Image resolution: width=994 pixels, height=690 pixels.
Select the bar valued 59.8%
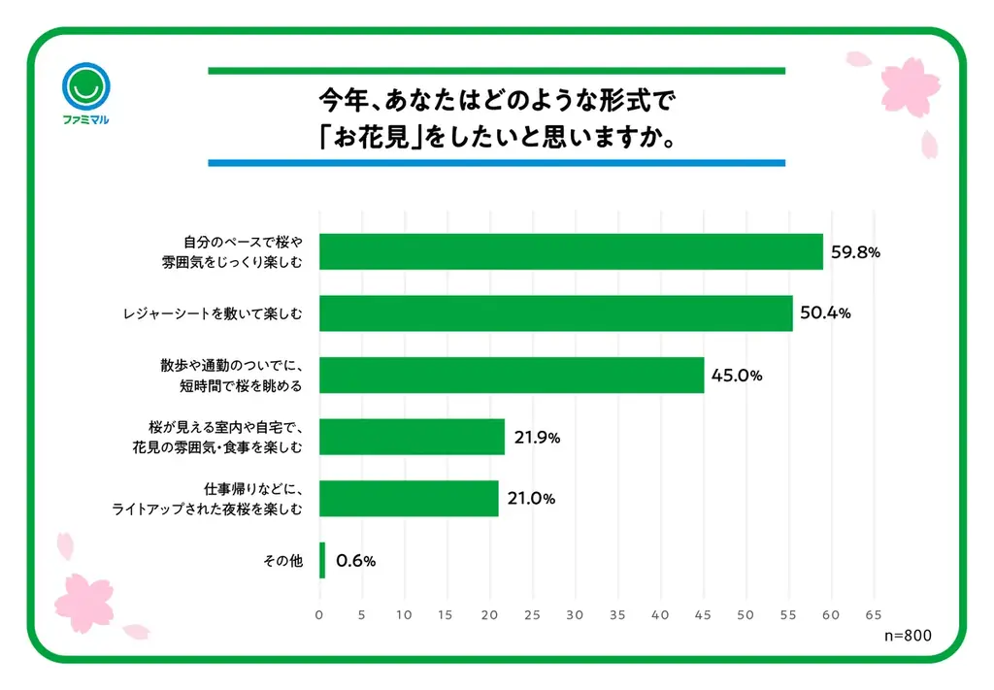[571, 251]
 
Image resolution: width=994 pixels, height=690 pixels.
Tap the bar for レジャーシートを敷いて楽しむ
[555, 313]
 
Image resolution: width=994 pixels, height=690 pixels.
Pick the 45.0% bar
[511, 375]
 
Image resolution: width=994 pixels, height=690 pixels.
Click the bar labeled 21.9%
[412, 437]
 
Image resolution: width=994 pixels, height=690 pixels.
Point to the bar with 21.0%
[408, 498]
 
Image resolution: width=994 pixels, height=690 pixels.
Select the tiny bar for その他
[322, 560]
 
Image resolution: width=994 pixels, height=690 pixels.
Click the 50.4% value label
[825, 313]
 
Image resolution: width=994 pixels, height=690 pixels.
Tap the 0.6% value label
[355, 560]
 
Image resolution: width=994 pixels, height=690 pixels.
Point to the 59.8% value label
[855, 252]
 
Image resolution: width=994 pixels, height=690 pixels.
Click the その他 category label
[283, 560]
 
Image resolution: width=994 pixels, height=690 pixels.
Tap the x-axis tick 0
[319, 614]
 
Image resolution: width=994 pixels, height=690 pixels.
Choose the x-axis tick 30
[575, 614]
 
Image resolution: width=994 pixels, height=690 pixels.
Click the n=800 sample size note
[907, 636]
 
